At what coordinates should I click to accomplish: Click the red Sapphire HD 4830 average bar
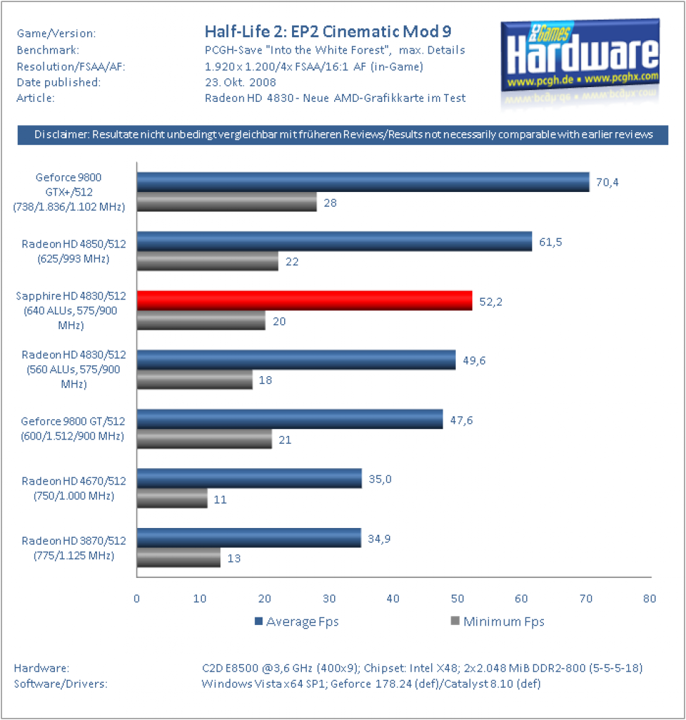click(304, 301)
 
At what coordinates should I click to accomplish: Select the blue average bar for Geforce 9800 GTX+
click(363, 182)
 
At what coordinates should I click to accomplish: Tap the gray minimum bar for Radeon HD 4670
click(172, 499)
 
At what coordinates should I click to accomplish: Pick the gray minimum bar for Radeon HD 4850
click(208, 261)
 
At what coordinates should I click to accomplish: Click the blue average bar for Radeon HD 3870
click(249, 538)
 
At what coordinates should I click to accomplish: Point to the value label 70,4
click(607, 183)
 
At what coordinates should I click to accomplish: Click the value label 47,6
click(462, 420)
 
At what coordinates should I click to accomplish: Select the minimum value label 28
click(331, 203)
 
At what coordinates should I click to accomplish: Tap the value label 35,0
click(380, 480)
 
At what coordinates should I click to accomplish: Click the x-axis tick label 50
click(457, 598)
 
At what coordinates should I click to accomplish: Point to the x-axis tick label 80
click(649, 598)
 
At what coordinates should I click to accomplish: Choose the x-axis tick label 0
click(136, 598)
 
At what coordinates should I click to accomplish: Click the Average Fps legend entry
click(297, 622)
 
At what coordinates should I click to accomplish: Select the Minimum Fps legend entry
click(497, 622)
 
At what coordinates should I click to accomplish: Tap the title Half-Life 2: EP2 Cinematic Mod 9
click(328, 32)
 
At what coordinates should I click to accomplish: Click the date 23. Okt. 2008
click(241, 82)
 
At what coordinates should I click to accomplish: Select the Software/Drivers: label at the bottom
click(61, 683)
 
